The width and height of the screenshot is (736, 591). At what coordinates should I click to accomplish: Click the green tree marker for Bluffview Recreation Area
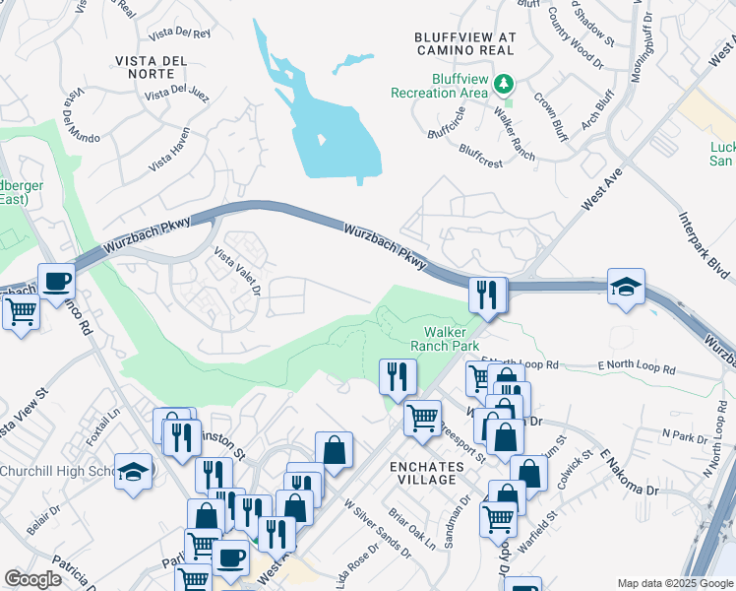click(505, 84)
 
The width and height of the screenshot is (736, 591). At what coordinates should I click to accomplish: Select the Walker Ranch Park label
click(451, 339)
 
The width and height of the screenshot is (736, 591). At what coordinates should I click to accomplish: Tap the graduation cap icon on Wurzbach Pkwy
click(626, 287)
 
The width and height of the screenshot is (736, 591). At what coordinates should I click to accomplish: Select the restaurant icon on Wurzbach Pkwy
click(487, 295)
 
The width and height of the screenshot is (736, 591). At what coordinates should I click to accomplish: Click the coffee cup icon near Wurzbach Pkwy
click(56, 282)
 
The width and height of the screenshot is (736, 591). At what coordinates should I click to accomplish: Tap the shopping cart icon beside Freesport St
click(422, 419)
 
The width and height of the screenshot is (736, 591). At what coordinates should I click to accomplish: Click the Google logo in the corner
click(32, 579)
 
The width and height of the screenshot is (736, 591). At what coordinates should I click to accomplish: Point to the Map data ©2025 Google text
click(674, 583)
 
